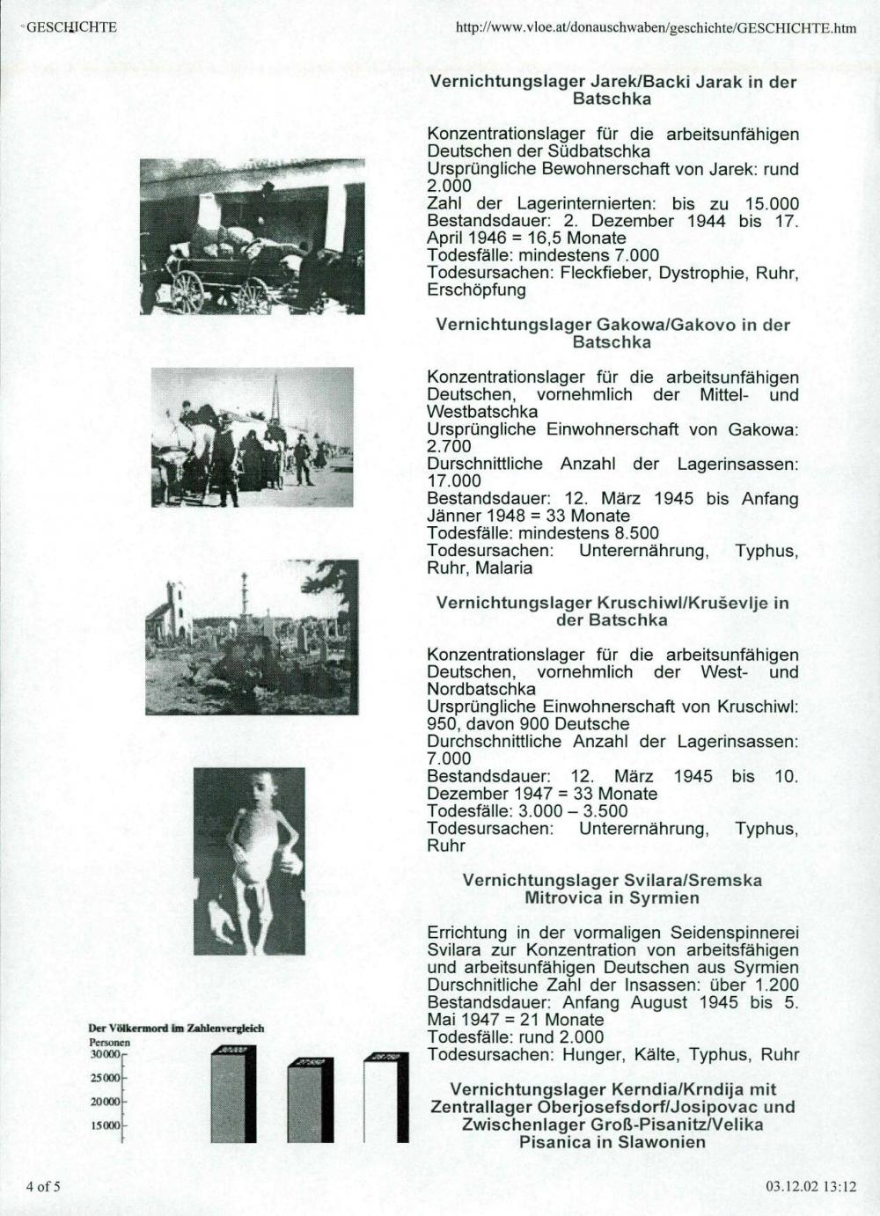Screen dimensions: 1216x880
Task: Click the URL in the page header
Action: [656, 27]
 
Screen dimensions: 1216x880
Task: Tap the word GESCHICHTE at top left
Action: [71, 26]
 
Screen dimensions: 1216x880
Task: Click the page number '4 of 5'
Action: [43, 1186]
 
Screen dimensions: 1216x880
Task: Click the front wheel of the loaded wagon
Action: [187, 290]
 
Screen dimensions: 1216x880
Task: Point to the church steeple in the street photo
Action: [275, 396]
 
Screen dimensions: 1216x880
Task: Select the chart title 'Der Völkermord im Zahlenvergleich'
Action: [176, 1028]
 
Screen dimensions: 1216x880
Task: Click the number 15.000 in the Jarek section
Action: [772, 204]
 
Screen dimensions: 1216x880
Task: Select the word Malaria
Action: [504, 568]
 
